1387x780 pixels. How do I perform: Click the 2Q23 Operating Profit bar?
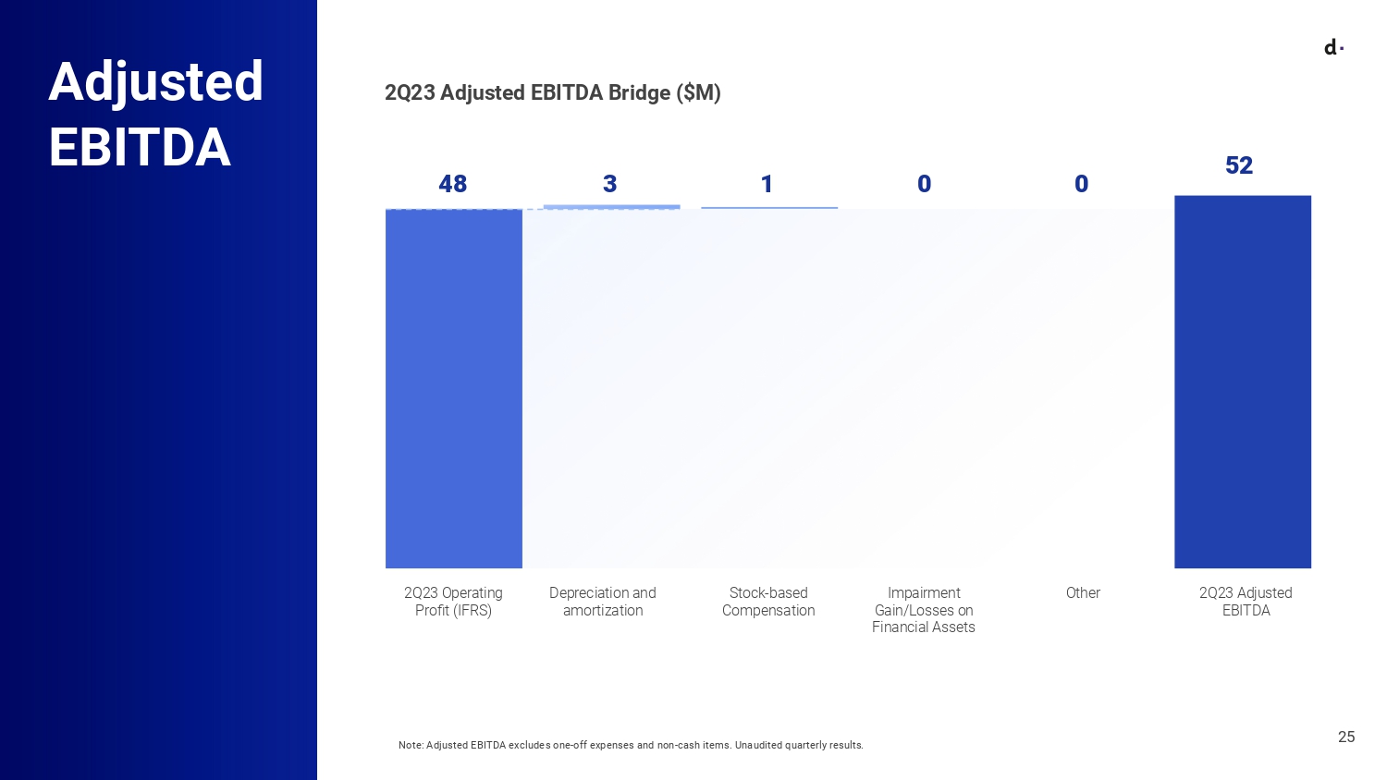tap(453, 388)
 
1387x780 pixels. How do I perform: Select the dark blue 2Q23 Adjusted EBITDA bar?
tap(1242, 381)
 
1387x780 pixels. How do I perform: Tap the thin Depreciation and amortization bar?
tap(611, 207)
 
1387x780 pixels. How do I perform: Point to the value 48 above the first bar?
tap(452, 184)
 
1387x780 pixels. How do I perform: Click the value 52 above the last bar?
tap(1238, 165)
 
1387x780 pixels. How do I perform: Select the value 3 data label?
tap(609, 184)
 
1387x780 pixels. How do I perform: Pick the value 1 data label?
tap(767, 184)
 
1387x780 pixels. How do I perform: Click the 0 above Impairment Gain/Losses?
tap(924, 184)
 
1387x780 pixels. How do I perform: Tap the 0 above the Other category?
tap(1081, 184)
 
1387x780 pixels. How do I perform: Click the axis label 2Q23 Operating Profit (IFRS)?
tap(453, 602)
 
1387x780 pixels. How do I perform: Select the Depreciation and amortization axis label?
tap(603, 602)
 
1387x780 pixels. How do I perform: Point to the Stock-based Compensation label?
tap(768, 602)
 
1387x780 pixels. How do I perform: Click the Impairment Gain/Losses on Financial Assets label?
tap(924, 610)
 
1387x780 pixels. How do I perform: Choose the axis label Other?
tap(1083, 593)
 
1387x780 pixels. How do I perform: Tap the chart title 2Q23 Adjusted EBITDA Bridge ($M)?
tap(552, 92)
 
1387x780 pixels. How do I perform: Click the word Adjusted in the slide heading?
tap(155, 81)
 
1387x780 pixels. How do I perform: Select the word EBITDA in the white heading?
tap(140, 148)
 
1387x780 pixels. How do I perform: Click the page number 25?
tap(1346, 737)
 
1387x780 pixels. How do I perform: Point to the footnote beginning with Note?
tap(631, 745)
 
